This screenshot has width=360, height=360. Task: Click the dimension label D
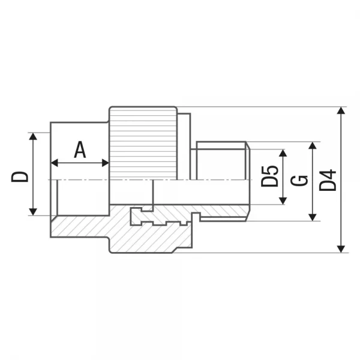(x=20, y=176)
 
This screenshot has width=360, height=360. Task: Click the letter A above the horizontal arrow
(x=80, y=149)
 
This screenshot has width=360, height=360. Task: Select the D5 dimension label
(x=269, y=176)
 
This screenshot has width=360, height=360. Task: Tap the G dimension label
(x=299, y=181)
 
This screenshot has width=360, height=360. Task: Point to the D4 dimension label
(x=328, y=180)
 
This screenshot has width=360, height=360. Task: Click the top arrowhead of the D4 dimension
(x=341, y=110)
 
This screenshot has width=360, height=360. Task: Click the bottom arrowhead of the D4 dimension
(x=341, y=249)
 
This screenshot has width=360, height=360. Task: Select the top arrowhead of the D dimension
(x=33, y=136)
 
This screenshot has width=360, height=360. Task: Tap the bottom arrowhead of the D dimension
(x=33, y=212)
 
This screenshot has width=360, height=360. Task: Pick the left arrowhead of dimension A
(x=54, y=163)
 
